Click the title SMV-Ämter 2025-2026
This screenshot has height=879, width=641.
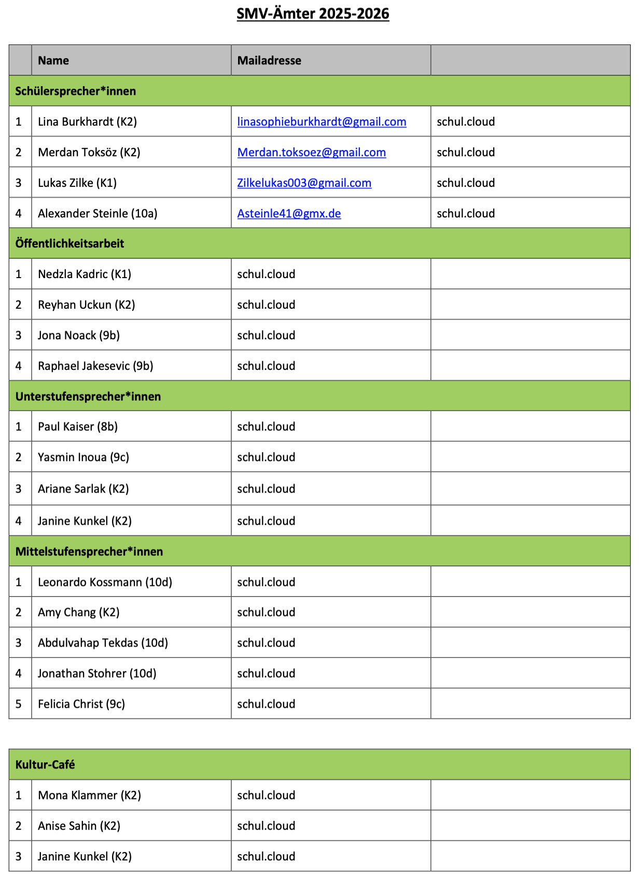coord(313,13)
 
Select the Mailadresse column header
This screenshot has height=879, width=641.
coord(269,61)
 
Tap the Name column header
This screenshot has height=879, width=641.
coord(53,61)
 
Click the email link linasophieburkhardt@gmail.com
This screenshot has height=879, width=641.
coord(322,122)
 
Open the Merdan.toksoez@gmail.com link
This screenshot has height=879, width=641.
coord(311,153)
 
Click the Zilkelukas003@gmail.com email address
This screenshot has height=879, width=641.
coord(304,183)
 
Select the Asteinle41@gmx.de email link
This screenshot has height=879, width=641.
coord(289,214)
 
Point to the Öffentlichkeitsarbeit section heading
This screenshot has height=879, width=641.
coord(69,244)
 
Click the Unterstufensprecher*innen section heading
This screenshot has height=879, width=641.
coord(88,396)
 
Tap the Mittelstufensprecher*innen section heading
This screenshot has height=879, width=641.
coord(89,552)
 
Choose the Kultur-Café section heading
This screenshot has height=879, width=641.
coord(45,765)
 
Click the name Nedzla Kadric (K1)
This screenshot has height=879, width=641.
coord(85,274)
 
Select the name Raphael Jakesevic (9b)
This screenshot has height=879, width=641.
coord(95,366)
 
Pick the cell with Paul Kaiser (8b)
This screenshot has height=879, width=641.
coord(78,427)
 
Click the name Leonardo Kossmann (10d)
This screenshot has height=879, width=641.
coord(105,582)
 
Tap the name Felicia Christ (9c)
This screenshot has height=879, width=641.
coord(81,704)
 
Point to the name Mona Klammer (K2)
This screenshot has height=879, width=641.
coord(89,795)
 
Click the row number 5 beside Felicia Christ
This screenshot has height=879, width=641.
coord(19,704)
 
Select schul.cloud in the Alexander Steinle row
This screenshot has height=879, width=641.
coord(466,214)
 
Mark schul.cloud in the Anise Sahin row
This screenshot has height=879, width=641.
coord(266,826)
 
